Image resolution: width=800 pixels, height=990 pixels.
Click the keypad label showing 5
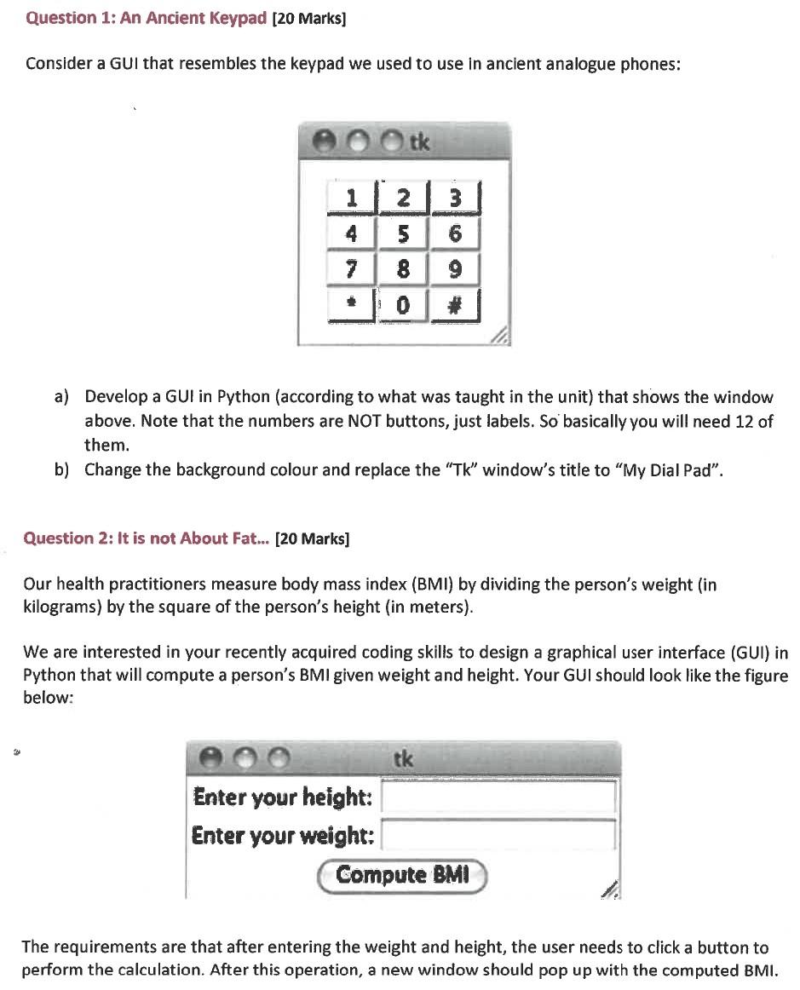point(404,233)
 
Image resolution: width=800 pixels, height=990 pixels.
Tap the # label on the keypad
point(456,304)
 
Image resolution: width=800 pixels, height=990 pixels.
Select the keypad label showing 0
point(404,304)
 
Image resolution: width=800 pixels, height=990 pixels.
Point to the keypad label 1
point(351,198)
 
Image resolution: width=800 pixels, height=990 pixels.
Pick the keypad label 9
point(456,269)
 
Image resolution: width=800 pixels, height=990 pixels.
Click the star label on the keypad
point(351,304)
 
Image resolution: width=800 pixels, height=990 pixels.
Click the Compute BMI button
point(402,875)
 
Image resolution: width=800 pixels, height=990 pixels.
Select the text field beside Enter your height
point(498,797)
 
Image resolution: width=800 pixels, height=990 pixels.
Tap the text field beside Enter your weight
point(498,835)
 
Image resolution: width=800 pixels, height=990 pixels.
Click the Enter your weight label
point(283,835)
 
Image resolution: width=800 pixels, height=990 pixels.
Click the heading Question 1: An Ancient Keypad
point(147,18)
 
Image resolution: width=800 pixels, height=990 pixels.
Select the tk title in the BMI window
point(404,758)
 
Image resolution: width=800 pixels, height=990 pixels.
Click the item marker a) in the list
point(61,397)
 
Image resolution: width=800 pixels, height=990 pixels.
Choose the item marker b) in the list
point(61,470)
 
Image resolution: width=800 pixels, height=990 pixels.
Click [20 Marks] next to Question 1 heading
point(308,19)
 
